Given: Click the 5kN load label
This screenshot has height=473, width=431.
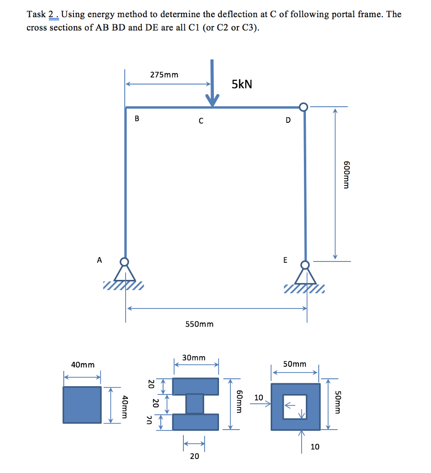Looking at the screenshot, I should tap(242, 84).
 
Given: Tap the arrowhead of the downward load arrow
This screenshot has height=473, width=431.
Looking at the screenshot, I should tap(212, 101).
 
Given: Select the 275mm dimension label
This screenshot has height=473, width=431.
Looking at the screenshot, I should tap(164, 74).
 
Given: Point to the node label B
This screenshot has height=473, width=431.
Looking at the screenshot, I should tap(136, 119).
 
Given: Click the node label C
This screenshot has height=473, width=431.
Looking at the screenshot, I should tap(200, 121).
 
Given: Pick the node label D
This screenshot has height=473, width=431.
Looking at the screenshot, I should tap(288, 121).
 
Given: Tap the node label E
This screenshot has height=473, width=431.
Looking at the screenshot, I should tap(285, 261).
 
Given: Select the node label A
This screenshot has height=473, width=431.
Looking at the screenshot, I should tap(99, 260).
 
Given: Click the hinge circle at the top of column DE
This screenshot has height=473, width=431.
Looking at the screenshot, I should tap(303, 107).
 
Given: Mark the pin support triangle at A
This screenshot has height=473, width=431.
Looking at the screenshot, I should tap(125, 274).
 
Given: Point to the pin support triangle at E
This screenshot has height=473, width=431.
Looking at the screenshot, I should tap(305, 276).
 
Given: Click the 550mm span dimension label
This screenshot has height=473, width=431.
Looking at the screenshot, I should tap(199, 324).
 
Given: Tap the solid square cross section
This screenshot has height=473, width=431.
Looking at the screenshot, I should tap(82, 405).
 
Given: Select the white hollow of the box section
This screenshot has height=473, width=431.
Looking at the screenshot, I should tap(295, 406).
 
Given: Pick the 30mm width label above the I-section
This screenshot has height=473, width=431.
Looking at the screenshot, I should tap(194, 358).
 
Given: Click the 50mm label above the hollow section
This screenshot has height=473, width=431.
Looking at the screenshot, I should tap(294, 364).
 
